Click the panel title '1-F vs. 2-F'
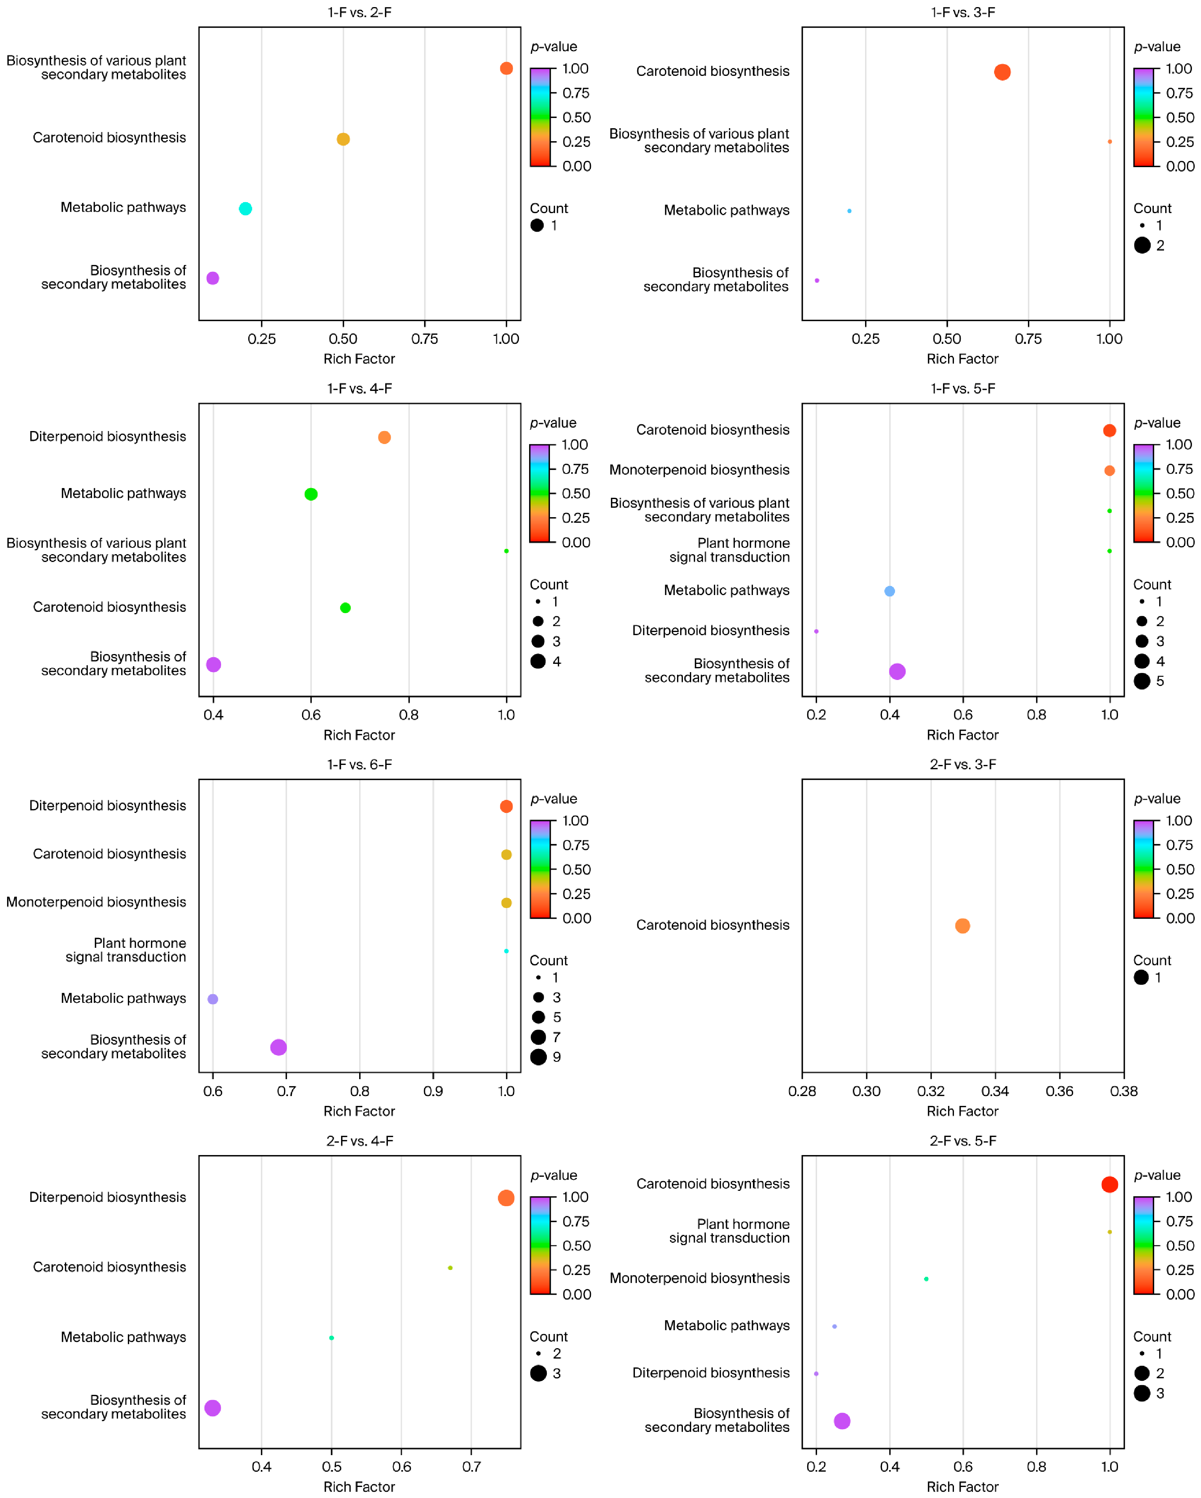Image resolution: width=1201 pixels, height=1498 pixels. (359, 13)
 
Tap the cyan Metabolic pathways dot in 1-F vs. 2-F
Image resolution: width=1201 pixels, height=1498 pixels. (245, 208)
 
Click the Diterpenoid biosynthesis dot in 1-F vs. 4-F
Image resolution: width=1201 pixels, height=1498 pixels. (384, 437)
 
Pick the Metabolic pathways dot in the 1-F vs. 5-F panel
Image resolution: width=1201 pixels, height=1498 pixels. (889, 591)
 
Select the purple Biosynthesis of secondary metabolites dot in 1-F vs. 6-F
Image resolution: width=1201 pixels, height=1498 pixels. (279, 1047)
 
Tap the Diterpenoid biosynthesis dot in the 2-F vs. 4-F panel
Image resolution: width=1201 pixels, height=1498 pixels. (506, 1198)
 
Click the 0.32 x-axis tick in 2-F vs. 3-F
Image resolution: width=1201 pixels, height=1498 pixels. (931, 1091)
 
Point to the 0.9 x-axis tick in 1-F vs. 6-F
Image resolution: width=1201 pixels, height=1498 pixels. (433, 1091)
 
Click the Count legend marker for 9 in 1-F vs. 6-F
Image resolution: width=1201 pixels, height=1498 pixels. (538, 1057)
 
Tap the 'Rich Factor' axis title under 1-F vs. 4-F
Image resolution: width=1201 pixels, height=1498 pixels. (359, 735)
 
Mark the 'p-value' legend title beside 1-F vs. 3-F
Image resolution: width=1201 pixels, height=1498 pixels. (1157, 46)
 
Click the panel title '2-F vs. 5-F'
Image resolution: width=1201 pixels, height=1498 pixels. (963, 1141)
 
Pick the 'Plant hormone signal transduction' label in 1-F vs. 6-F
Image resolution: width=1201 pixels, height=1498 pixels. (126, 950)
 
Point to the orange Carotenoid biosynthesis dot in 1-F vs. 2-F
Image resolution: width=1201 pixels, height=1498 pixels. (343, 139)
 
